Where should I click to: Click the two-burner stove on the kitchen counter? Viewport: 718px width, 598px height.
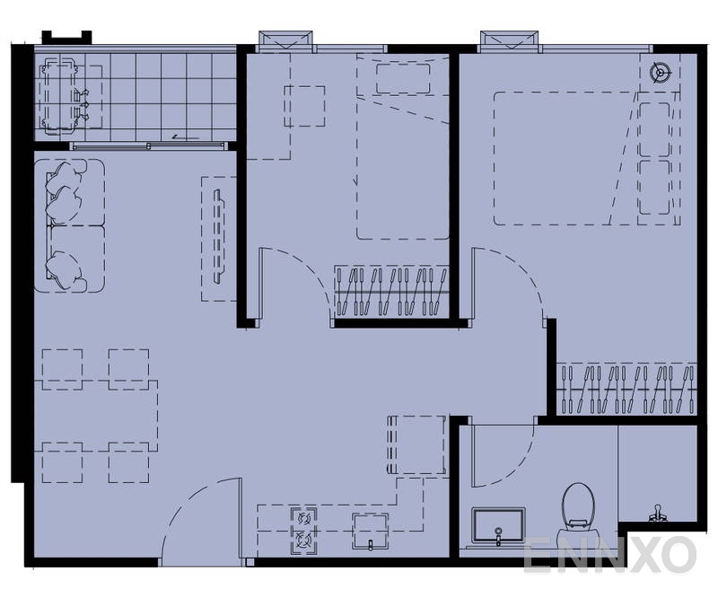coord(303,530)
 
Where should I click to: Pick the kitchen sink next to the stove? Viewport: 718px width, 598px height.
coord(370,530)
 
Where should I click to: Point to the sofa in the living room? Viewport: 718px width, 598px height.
coord(70,225)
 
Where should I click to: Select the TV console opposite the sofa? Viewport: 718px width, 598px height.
coord(217,238)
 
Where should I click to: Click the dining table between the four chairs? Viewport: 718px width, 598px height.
coord(96,415)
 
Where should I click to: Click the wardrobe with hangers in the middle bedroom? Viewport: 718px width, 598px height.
coord(391,291)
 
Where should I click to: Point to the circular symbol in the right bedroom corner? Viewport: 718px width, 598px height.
coord(661,73)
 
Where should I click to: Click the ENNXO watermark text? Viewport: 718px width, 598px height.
coord(609,555)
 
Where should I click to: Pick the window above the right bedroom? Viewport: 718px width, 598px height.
coord(510,40)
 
